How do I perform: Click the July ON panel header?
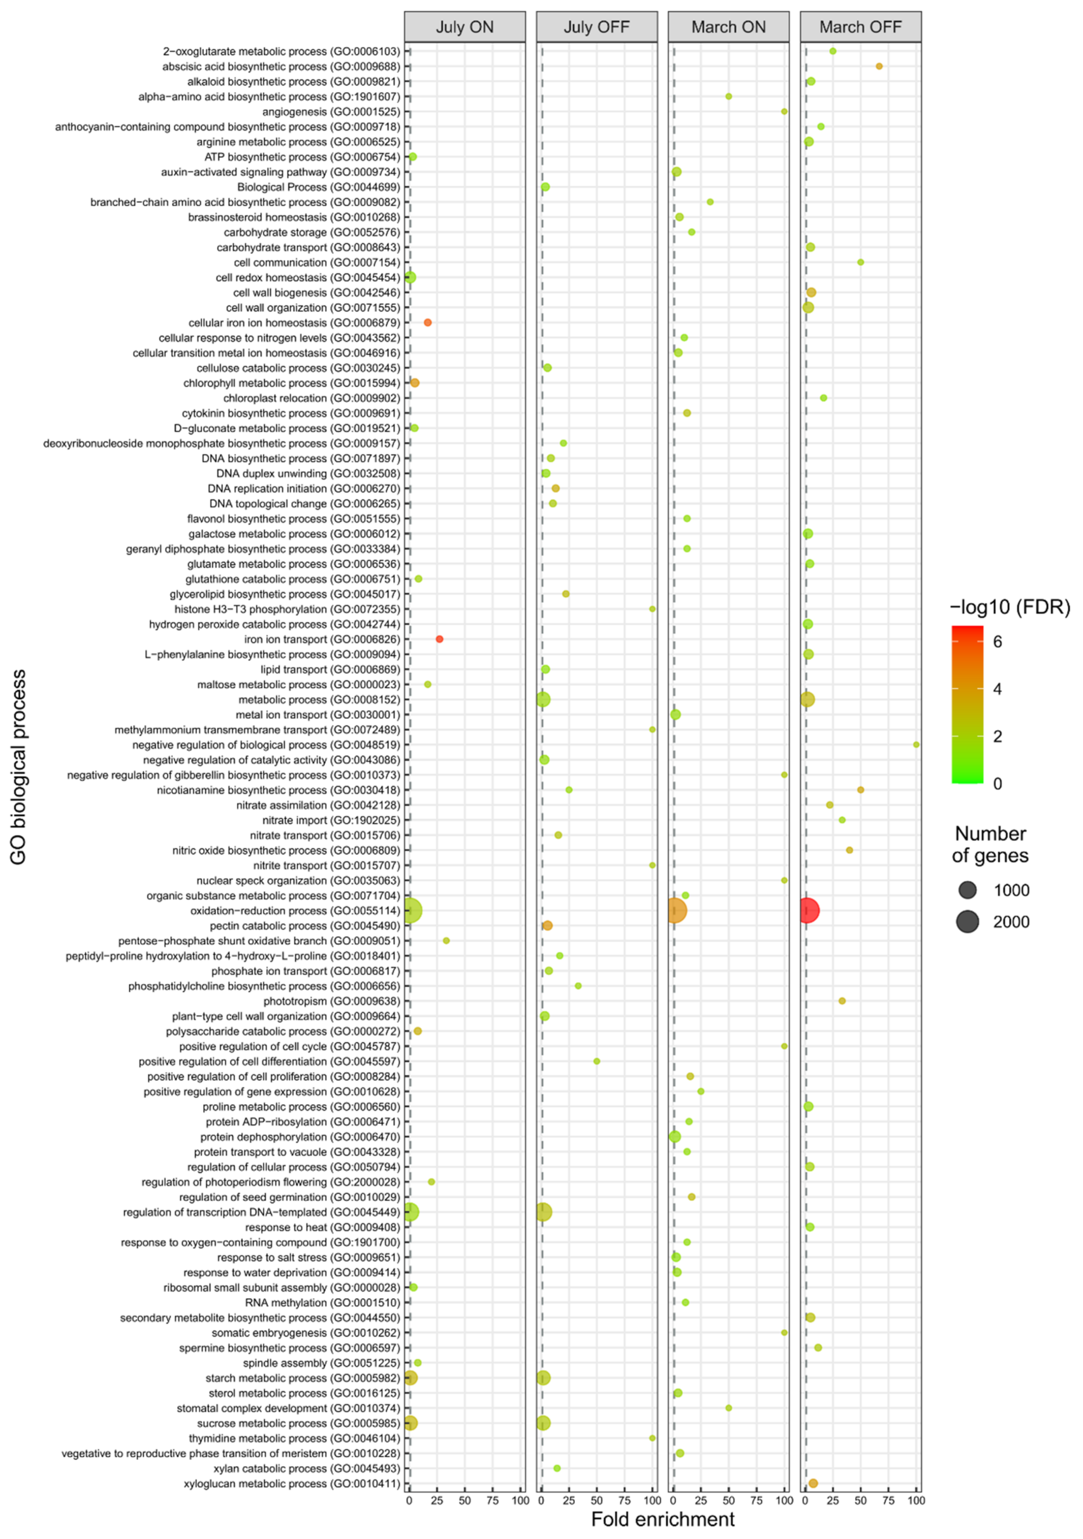(x=464, y=27)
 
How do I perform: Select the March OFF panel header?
(x=860, y=27)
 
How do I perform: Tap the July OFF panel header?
(x=596, y=27)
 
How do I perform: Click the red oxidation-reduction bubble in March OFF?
(x=809, y=910)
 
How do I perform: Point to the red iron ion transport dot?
(x=440, y=639)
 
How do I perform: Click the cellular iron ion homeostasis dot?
(x=427, y=322)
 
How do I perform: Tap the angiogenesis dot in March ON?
(x=784, y=111)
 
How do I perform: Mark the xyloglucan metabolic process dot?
(x=813, y=1483)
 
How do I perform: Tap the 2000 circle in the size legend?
(x=967, y=922)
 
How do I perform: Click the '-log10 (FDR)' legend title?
(x=1009, y=607)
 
